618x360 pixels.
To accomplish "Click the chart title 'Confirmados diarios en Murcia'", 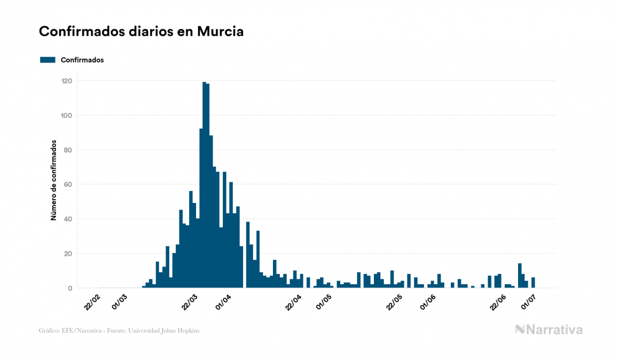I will [x=141, y=32].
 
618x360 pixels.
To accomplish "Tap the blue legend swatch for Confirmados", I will [x=48, y=60].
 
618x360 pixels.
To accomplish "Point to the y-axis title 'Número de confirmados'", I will [x=54, y=181].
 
